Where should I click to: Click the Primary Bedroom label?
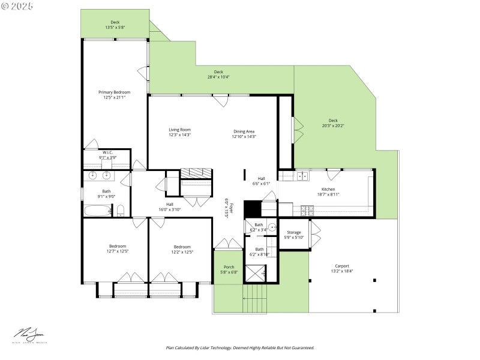click(114, 92)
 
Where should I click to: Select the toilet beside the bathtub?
click(121, 211)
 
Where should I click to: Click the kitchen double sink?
click(302, 176)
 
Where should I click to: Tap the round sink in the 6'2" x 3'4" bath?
click(271, 227)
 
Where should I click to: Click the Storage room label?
click(293, 232)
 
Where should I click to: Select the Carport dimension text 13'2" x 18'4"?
click(341, 271)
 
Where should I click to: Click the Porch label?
click(229, 267)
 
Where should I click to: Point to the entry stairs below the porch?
click(254, 298)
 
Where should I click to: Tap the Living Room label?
click(179, 130)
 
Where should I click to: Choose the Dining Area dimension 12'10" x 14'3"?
click(244, 137)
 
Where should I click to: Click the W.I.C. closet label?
click(108, 152)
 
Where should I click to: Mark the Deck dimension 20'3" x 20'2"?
click(333, 126)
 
